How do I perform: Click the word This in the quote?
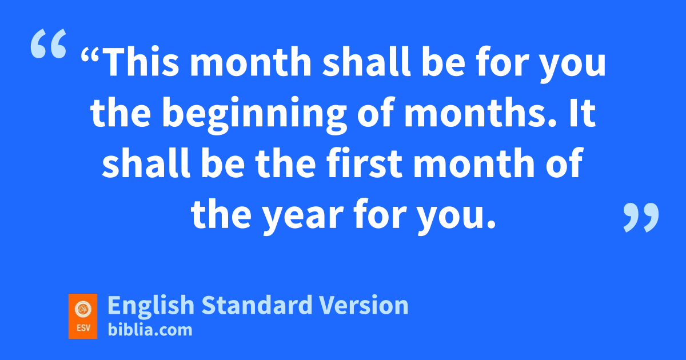[x=141, y=61]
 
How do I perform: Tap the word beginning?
[x=255, y=115]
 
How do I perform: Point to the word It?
[x=583, y=113]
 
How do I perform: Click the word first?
[x=364, y=162]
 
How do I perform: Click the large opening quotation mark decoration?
[x=49, y=43]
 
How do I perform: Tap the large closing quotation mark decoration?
[x=641, y=217]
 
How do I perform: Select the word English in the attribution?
[x=151, y=306]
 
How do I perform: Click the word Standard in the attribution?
[x=257, y=305]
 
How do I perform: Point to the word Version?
[x=364, y=305]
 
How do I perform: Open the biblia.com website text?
[x=150, y=330]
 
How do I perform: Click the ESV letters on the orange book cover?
[x=83, y=328]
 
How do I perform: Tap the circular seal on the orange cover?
[x=83, y=309]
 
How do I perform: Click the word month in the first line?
[x=250, y=61]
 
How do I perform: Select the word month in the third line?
[x=474, y=162]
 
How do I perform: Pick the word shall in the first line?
[x=366, y=61]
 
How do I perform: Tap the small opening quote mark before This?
[x=90, y=54]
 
